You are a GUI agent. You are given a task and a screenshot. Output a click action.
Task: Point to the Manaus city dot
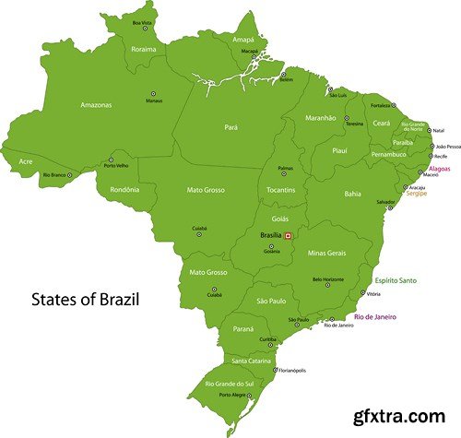tap(154, 93)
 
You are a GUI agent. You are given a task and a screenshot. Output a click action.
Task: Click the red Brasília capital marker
tap(288, 236)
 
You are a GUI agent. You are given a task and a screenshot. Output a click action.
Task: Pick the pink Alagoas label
tap(440, 170)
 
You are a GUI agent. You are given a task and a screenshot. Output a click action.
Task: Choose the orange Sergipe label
tap(418, 194)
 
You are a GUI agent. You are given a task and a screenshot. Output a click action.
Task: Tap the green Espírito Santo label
tap(396, 280)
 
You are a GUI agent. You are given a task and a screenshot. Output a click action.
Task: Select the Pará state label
tap(232, 127)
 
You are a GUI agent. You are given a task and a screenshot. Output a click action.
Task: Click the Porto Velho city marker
tap(112, 159)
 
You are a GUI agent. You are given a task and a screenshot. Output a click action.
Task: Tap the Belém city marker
tap(283, 73)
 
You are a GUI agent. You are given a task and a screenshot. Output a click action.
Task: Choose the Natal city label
tap(439, 130)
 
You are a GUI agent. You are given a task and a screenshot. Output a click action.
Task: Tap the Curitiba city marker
tap(268, 332)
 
